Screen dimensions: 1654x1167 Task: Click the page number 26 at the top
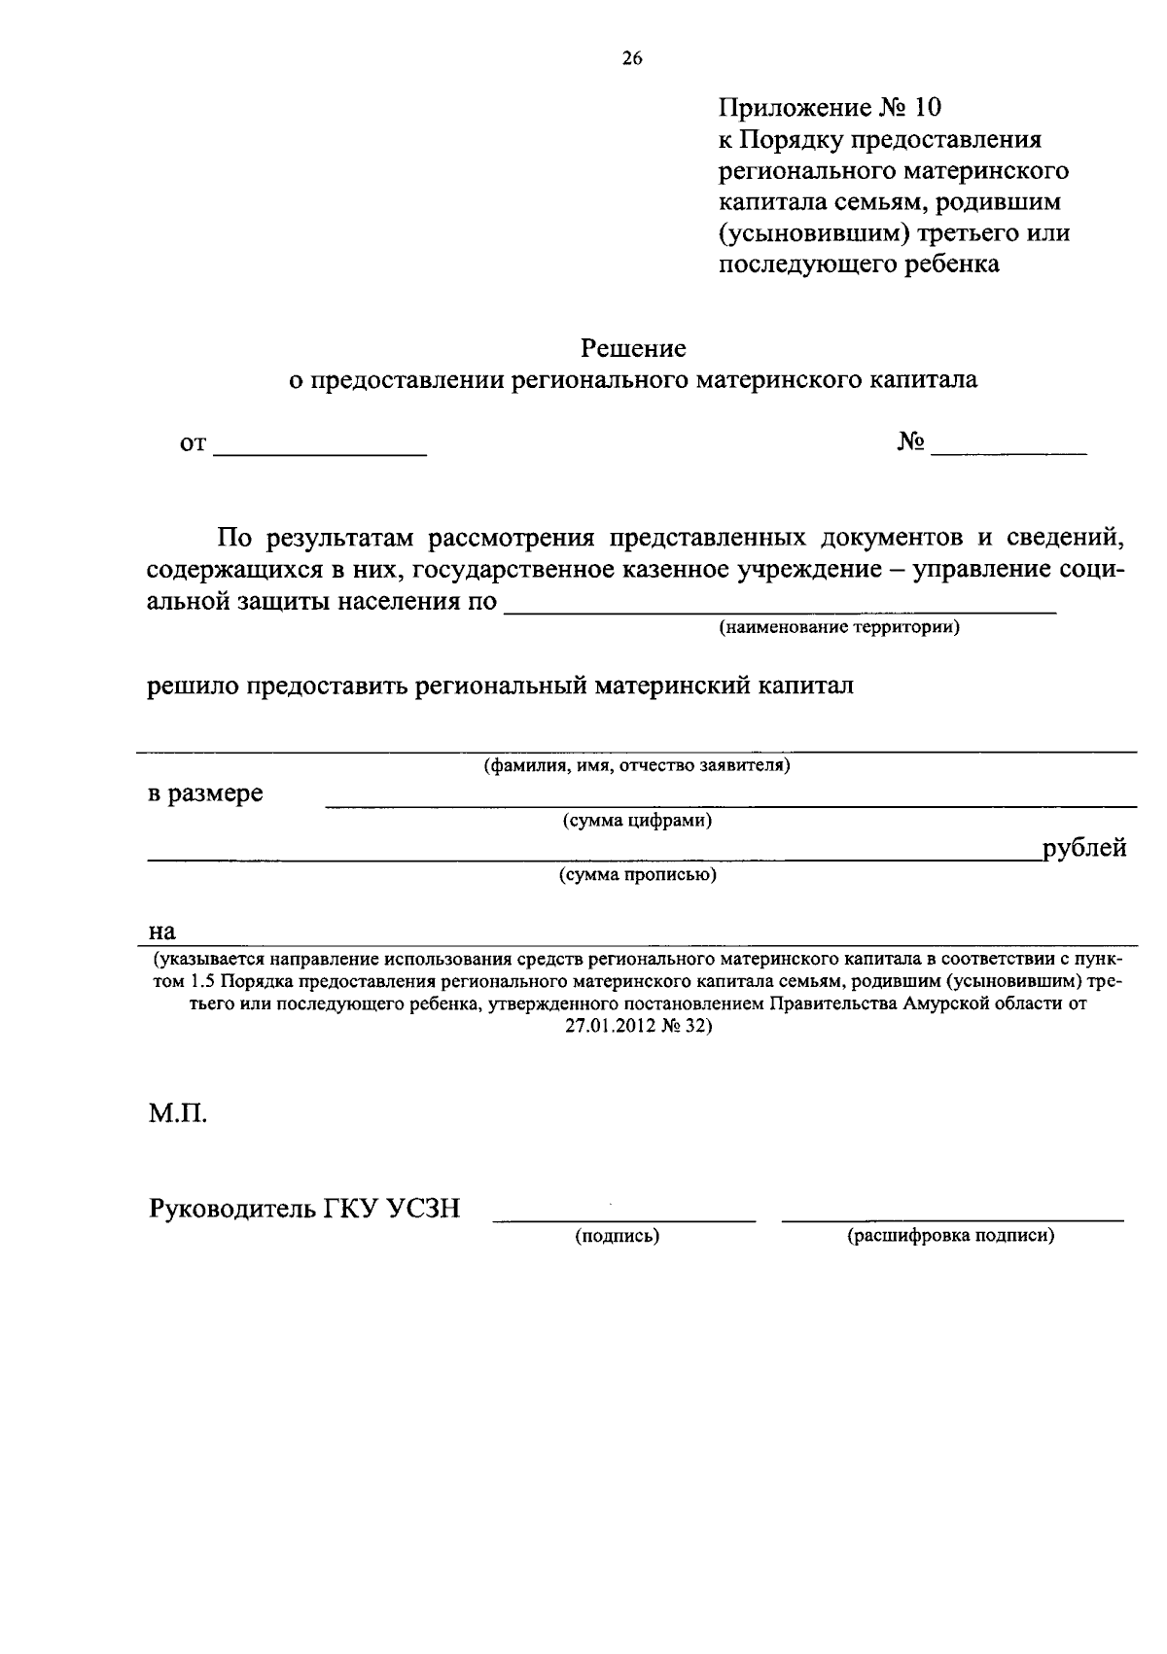632,58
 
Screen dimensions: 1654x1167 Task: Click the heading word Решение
633,347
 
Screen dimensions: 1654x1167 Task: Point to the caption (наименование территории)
839,627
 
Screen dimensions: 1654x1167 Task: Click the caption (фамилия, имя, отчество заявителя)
637,765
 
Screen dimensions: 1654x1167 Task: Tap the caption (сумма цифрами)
637,821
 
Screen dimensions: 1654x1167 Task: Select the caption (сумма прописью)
637,875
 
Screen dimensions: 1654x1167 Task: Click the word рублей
1084,848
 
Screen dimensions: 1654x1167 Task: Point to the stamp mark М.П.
178,1112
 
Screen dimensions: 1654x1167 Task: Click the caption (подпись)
618,1236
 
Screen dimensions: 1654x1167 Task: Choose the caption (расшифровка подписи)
951,1236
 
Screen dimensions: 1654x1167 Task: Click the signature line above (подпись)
623,1218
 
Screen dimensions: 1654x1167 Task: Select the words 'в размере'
205,793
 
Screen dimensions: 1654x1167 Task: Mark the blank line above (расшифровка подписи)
952,1218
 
